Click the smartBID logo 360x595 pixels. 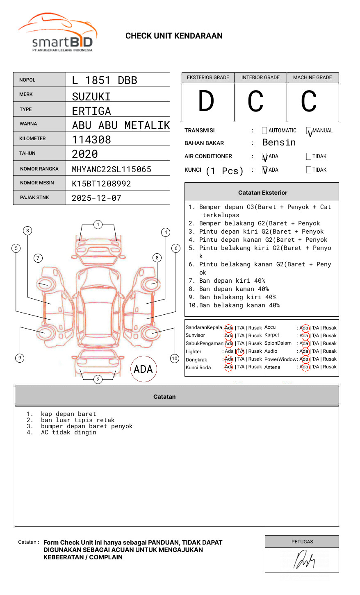57,33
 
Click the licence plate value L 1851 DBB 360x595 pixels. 105,80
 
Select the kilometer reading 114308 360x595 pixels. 91,140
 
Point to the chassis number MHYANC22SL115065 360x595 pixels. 112,169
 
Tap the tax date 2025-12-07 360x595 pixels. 96,198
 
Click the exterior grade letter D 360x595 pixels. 206,102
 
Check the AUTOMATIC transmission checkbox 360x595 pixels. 264,131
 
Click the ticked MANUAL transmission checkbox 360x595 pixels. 309,131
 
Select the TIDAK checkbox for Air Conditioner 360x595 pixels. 309,156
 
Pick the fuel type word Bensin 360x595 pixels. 279,143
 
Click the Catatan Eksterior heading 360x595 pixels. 262,193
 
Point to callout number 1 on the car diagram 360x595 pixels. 98,225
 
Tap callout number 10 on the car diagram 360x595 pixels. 175,359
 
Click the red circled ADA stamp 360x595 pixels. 143,369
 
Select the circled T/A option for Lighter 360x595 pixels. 240,351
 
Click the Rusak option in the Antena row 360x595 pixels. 330,367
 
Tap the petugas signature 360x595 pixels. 304,560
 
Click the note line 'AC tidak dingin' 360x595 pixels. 68,432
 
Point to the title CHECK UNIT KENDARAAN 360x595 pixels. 174,36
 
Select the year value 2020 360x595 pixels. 85,154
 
